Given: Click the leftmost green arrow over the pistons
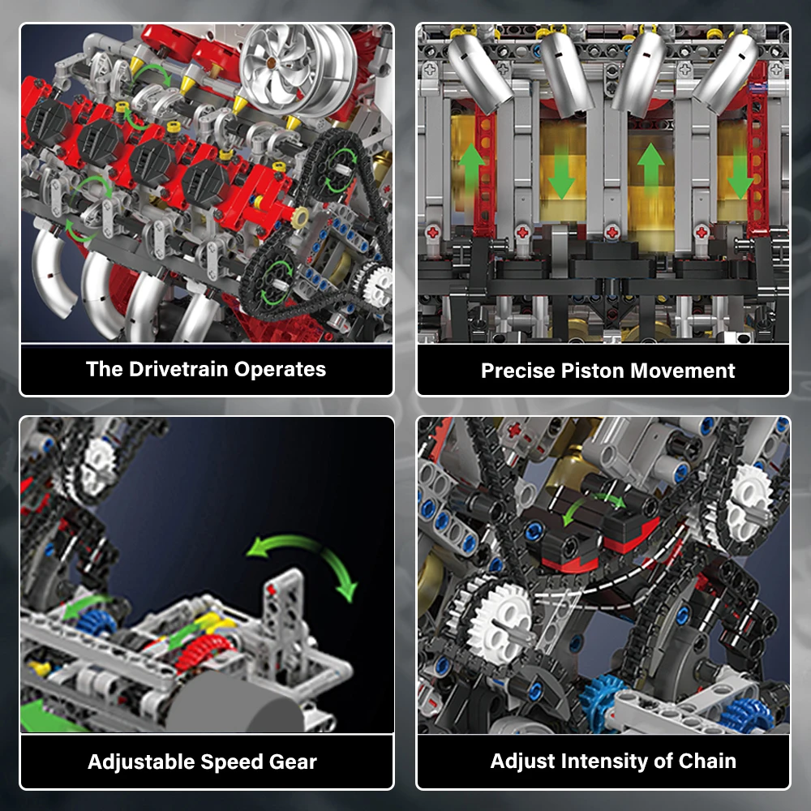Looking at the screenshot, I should [471, 166].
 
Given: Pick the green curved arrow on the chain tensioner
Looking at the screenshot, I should [596, 507].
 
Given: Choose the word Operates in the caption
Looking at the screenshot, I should [280, 370].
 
